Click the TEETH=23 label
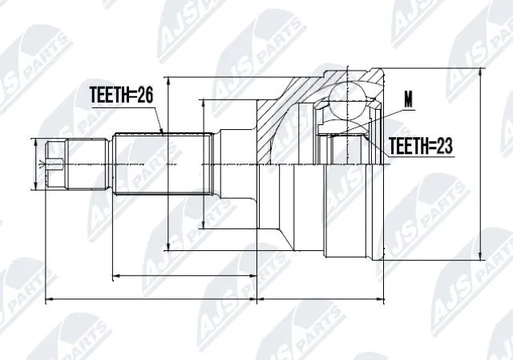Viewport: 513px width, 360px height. pos(421,146)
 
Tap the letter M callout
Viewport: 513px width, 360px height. pos(410,101)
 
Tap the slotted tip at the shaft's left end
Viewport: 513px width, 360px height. pos(55,164)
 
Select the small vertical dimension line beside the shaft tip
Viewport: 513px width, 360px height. pos(38,164)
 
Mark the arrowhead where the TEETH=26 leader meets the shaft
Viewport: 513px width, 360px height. pos(164,133)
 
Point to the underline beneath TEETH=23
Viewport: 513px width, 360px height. pos(421,156)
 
